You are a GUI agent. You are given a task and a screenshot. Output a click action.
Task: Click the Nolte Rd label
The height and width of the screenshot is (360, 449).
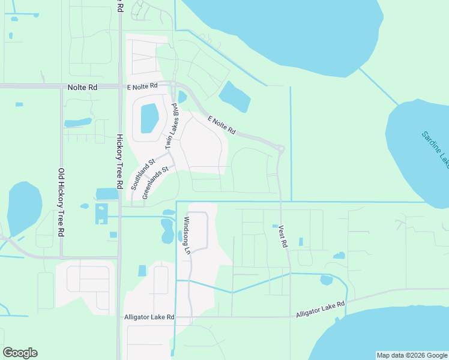(x=83, y=87)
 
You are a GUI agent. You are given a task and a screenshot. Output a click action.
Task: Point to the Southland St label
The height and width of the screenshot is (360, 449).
(x=143, y=174)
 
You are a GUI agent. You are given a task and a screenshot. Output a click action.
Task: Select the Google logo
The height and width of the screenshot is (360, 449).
(x=20, y=353)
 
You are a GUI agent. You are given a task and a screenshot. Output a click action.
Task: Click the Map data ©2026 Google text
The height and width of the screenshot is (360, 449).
(x=411, y=355)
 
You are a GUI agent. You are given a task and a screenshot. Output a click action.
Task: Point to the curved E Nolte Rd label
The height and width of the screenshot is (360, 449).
(x=221, y=125)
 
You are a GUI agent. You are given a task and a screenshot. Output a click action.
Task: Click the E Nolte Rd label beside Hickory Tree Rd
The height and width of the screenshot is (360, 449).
(x=141, y=86)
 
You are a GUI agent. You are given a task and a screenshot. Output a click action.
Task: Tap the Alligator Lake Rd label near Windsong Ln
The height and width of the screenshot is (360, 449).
(x=149, y=316)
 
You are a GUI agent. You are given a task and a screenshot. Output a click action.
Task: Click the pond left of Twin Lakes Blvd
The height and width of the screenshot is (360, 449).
(x=149, y=118)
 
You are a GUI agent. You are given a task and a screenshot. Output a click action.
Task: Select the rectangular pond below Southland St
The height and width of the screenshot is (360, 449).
(x=107, y=194)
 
